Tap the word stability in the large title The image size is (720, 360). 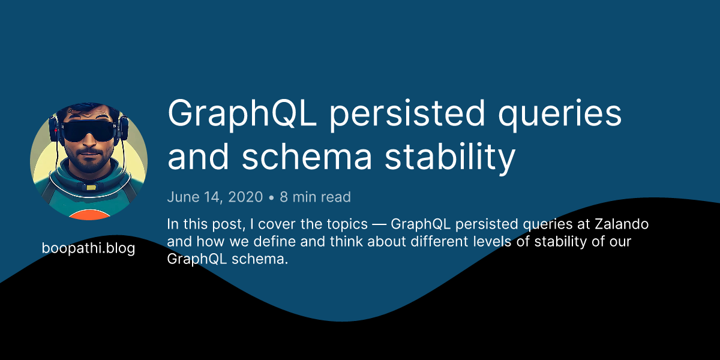coord(450,158)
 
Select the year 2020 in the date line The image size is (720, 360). coord(245,197)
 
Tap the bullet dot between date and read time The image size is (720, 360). coord(271,197)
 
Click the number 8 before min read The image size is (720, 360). coord(283,197)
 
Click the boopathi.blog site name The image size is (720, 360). coord(88,248)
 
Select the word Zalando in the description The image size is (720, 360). coord(622,224)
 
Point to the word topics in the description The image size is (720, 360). coord(347,224)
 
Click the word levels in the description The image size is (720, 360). coord(492,241)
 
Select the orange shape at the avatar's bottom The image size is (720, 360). coord(89,215)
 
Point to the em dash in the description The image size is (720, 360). coord(379,224)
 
